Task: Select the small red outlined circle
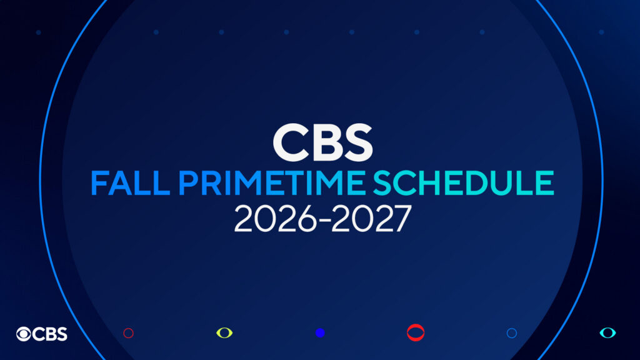pos(128,333)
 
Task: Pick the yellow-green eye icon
pos(224,332)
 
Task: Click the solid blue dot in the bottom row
pos(320,333)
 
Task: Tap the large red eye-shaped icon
pos(416,332)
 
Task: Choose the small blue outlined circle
pos(511,333)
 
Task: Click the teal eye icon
pos(607,332)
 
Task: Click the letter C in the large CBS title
pos(289,142)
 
